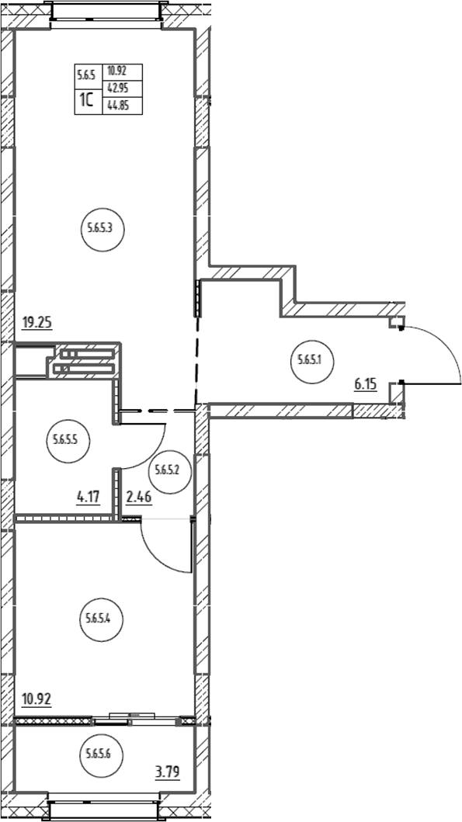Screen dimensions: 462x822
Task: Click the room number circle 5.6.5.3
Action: point(102,228)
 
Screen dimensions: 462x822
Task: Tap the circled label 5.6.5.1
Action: point(313,360)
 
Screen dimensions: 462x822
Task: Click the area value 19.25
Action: point(36,323)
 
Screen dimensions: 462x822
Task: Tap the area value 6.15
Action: point(366,385)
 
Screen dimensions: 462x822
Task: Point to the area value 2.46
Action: point(139,496)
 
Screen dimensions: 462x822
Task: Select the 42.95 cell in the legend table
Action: point(117,88)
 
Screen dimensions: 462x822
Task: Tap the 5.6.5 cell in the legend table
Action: point(85,74)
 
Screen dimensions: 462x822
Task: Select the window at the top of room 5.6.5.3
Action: point(106,14)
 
